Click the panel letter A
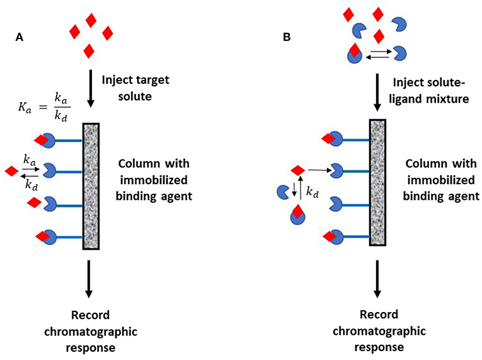[20, 38]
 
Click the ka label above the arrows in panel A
[29, 160]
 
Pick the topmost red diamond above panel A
[91, 21]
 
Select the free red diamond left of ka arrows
[11, 171]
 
